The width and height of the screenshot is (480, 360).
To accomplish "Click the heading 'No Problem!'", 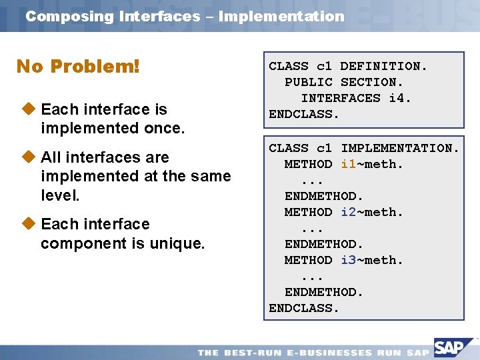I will pyautogui.click(x=78, y=67).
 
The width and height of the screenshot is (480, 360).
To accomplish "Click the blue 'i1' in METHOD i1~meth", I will pyautogui.click(x=348, y=164).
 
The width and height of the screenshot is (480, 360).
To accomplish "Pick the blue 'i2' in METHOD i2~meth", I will pyautogui.click(x=348, y=212).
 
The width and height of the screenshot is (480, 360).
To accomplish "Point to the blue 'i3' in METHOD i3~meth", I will pyautogui.click(x=348, y=260).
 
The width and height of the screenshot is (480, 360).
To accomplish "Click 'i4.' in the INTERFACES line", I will pyautogui.click(x=399, y=98).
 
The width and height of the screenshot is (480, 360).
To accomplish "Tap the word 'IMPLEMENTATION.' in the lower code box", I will pyautogui.click(x=400, y=148).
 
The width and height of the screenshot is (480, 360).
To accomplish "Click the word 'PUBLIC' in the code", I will pyautogui.click(x=308, y=82).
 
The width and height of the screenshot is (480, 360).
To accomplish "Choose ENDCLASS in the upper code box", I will pyautogui.click(x=304, y=114).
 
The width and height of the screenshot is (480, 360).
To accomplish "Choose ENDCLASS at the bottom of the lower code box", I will pyautogui.click(x=304, y=308).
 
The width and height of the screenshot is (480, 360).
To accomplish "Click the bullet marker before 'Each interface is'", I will pyautogui.click(x=27, y=109).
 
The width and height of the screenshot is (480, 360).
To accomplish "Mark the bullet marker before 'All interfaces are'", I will pyautogui.click(x=27, y=157).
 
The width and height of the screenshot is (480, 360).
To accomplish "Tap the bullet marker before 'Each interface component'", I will pyautogui.click(x=27, y=223).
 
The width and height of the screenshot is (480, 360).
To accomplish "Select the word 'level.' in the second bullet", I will pyautogui.click(x=60, y=195).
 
